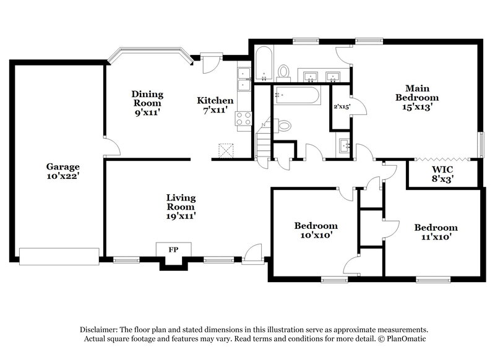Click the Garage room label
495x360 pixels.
pos(62,171)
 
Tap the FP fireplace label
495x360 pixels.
pos(173,250)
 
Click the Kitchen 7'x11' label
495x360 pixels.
pos(215,105)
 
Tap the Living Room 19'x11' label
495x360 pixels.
pos(181,207)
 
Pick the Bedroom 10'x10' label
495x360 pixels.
pos(315,231)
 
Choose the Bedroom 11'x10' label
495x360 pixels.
pos(436,232)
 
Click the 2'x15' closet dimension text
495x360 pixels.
pos(342,106)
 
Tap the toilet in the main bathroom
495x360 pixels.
pos(284,72)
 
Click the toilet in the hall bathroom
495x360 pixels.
pos(283,126)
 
